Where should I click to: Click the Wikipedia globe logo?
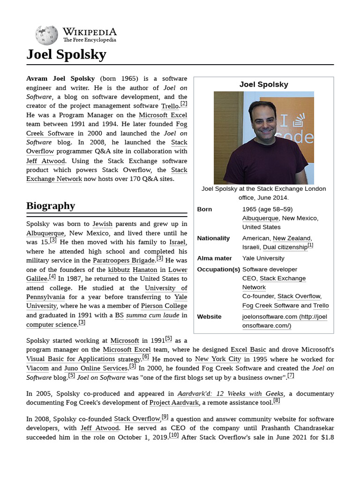tap(46, 35)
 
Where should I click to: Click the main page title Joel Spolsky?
tap(66, 55)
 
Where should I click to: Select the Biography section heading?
tap(51, 206)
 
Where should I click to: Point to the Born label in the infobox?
tap(204, 209)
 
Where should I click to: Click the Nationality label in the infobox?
tap(213, 238)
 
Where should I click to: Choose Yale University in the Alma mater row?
tap(263, 258)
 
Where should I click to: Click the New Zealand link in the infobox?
tap(292, 238)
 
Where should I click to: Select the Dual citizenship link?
tap(285, 247)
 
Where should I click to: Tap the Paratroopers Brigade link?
tap(124, 260)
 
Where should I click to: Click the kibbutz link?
tap(119, 270)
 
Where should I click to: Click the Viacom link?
tap(37, 368)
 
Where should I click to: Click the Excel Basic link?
tap(248, 350)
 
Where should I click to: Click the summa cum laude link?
tap(152, 315)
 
